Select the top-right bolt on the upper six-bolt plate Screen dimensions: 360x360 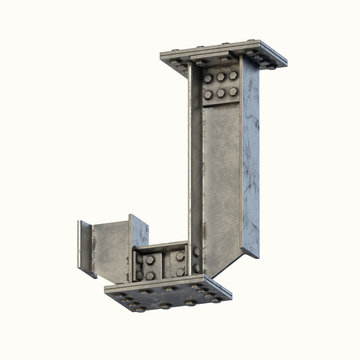(x=233, y=75)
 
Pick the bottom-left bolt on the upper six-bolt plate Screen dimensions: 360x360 (x=207, y=95)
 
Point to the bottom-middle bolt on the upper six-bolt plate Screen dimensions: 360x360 (x=221, y=93)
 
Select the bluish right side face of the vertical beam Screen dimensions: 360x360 (x=250, y=160)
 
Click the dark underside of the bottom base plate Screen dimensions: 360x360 (x=170, y=302)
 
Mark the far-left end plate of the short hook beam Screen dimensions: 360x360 (x=86, y=248)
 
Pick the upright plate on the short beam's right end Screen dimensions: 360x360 (x=138, y=235)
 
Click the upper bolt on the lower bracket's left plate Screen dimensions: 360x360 (x=149, y=260)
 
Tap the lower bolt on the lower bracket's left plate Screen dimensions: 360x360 (x=149, y=274)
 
